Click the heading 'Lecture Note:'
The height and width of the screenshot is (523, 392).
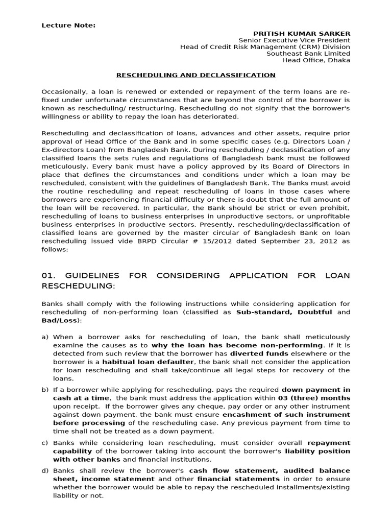pyautogui.click(x=68, y=26)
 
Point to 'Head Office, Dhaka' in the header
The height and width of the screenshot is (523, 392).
pyautogui.click(x=316, y=60)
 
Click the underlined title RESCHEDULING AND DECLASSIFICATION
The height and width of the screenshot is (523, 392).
pyautogui.click(x=196, y=75)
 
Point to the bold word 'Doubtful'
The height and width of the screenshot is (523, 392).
pyautogui.click(x=315, y=312)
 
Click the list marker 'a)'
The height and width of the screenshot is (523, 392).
pyautogui.click(x=45, y=337)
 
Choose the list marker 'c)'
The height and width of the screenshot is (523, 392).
pyautogui.click(x=45, y=443)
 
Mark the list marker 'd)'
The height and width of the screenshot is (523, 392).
pyautogui.click(x=45, y=471)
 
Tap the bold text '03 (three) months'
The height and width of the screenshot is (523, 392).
pyautogui.click(x=314, y=398)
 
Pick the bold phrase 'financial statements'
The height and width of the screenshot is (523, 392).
pyautogui.click(x=238, y=479)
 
